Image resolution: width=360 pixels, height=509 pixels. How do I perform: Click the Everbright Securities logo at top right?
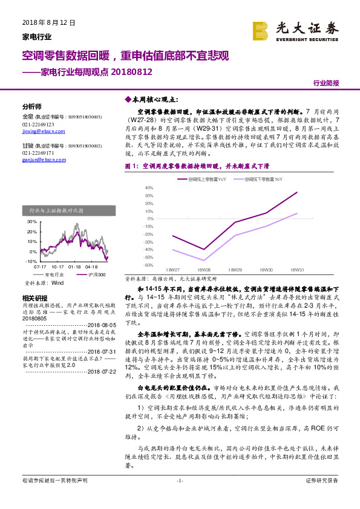295,30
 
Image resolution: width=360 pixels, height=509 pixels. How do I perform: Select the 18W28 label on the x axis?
204,270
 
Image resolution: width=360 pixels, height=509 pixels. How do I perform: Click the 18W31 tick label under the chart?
296,270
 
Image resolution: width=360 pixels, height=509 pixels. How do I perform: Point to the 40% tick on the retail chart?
149,188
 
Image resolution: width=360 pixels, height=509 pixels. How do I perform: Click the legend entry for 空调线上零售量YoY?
203,180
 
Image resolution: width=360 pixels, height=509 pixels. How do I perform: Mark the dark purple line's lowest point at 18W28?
204,249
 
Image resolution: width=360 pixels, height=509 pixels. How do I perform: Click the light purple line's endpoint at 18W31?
297,213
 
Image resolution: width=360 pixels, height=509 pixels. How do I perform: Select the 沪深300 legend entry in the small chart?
94,274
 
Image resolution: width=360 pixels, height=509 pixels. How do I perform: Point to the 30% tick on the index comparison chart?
31,222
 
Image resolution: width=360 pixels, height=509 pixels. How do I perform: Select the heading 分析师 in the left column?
31,105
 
